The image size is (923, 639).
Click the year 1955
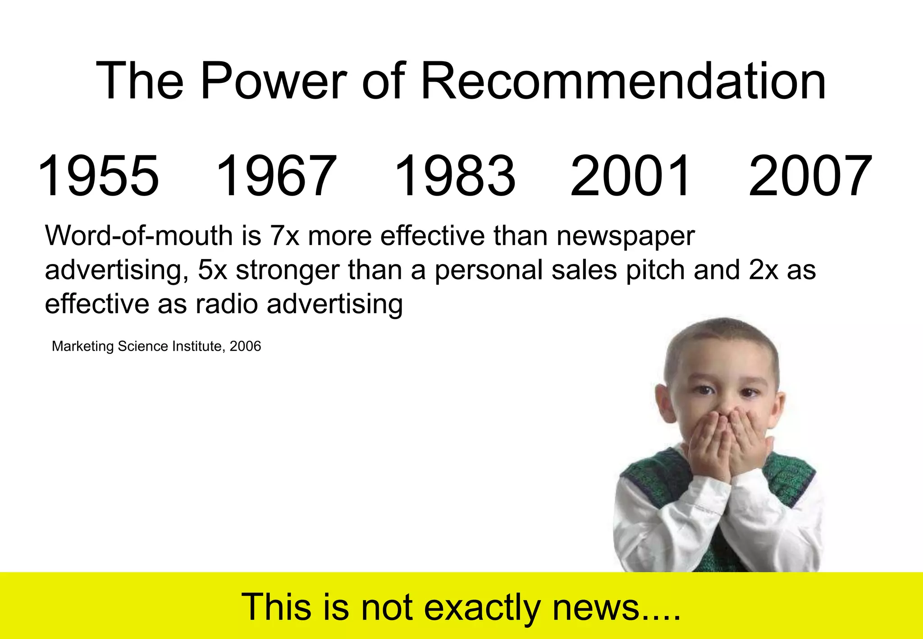(x=98, y=176)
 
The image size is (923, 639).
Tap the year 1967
(x=276, y=176)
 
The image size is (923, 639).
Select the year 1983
(x=454, y=176)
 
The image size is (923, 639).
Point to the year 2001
(x=630, y=176)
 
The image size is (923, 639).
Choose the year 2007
(x=810, y=176)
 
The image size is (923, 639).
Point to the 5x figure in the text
(x=212, y=269)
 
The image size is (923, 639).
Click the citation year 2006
(x=245, y=346)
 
